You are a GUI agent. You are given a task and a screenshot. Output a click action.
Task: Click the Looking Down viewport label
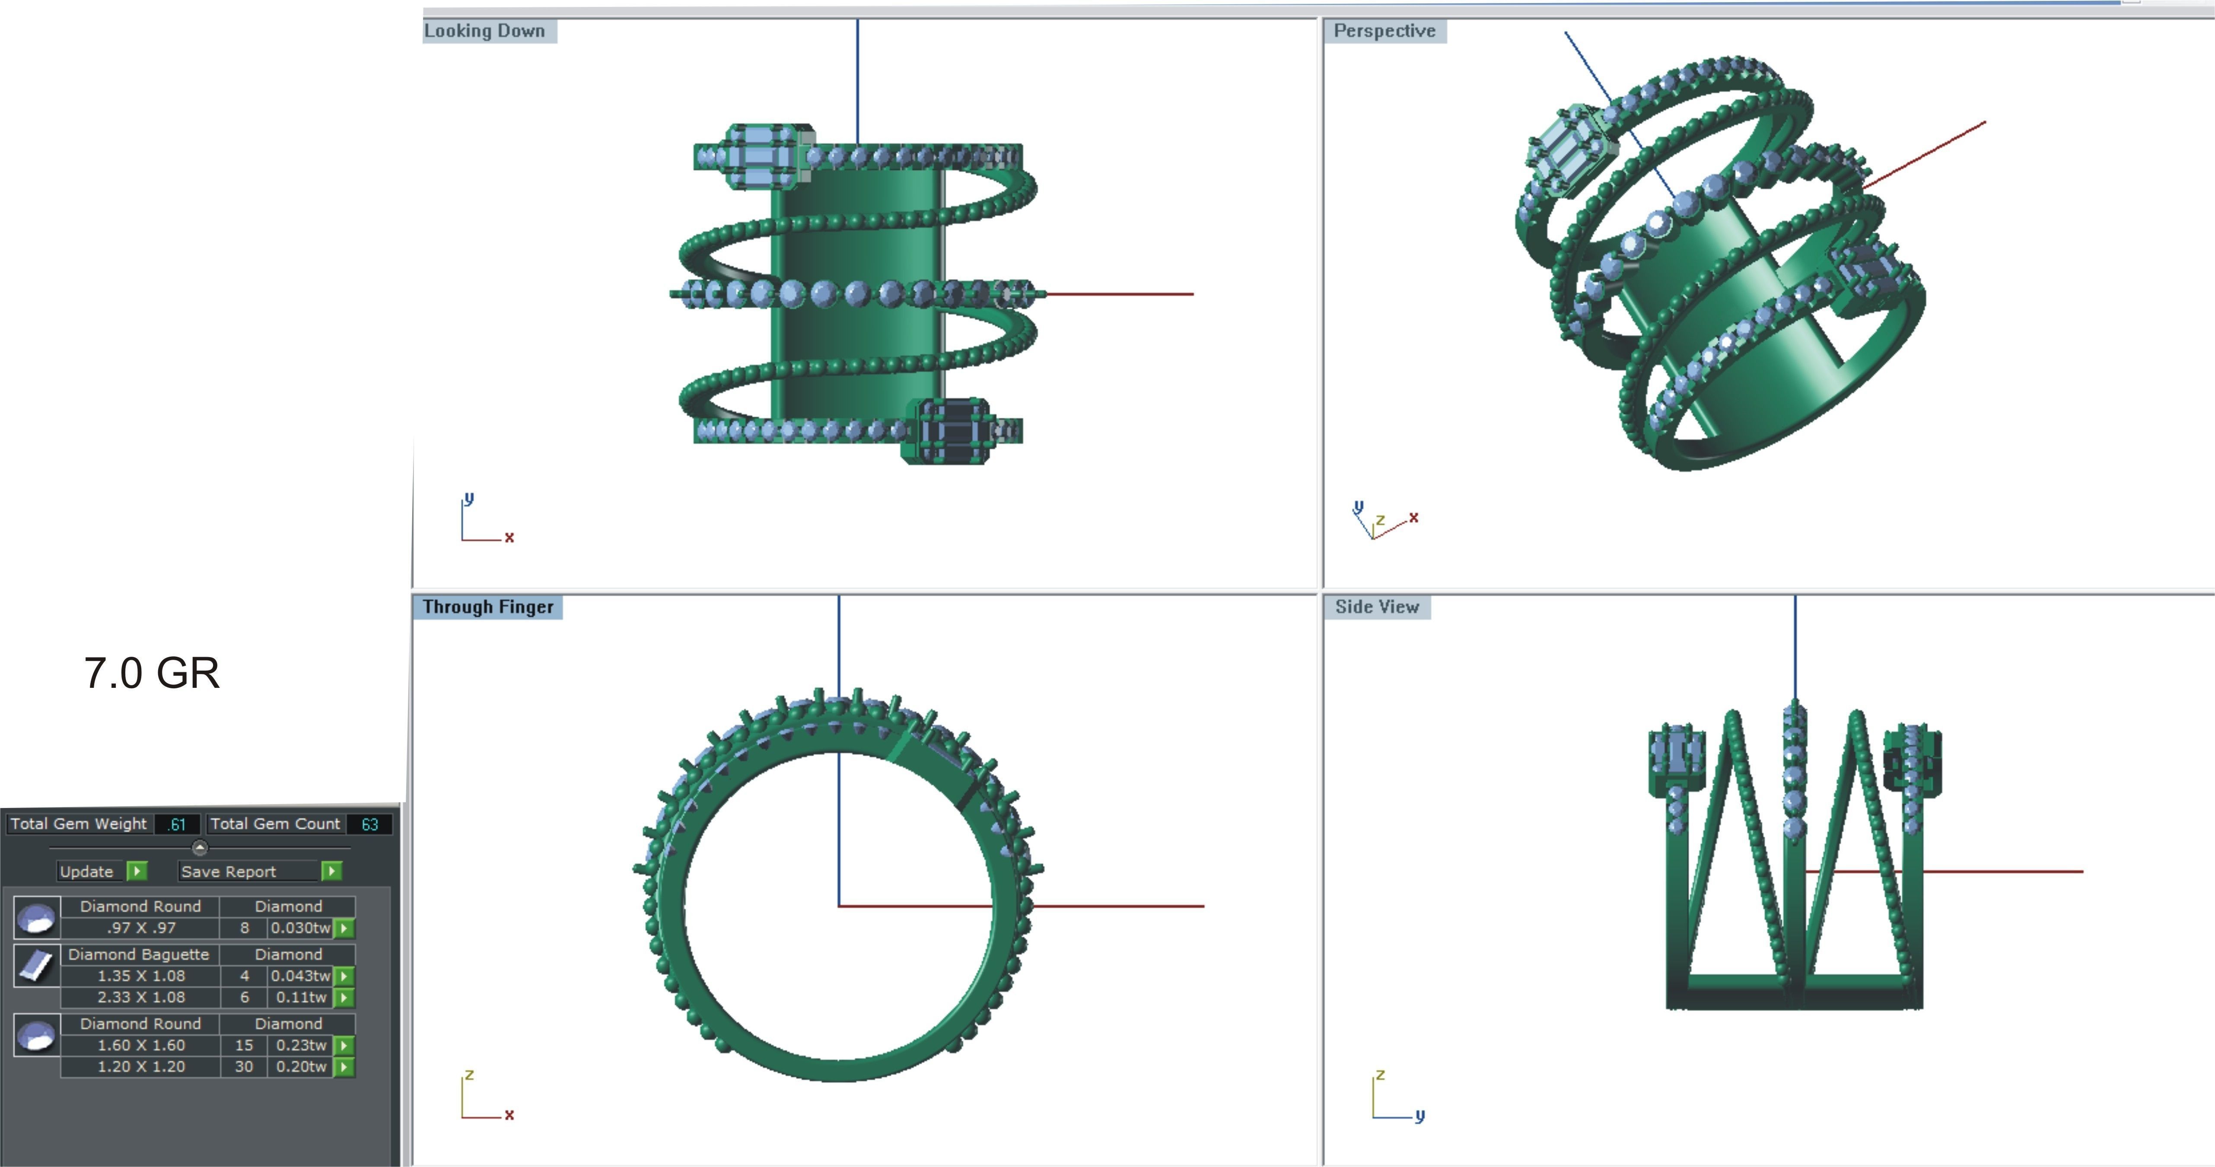[485, 31]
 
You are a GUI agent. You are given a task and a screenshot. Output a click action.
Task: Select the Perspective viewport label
[1384, 31]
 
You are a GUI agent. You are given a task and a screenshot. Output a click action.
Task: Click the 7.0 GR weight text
[152, 673]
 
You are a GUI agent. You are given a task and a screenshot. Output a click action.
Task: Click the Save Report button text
[229, 871]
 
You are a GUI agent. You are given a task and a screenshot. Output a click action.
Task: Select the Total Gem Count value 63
[370, 824]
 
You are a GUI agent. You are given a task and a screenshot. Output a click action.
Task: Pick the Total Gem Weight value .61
[177, 824]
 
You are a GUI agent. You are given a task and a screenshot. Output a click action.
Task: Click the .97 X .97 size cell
[141, 928]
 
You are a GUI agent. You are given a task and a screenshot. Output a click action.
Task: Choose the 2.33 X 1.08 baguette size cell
[141, 998]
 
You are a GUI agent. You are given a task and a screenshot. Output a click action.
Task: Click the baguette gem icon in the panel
[36, 966]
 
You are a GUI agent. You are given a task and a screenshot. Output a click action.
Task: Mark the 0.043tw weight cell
[301, 976]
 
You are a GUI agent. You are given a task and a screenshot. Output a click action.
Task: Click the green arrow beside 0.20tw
[344, 1067]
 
